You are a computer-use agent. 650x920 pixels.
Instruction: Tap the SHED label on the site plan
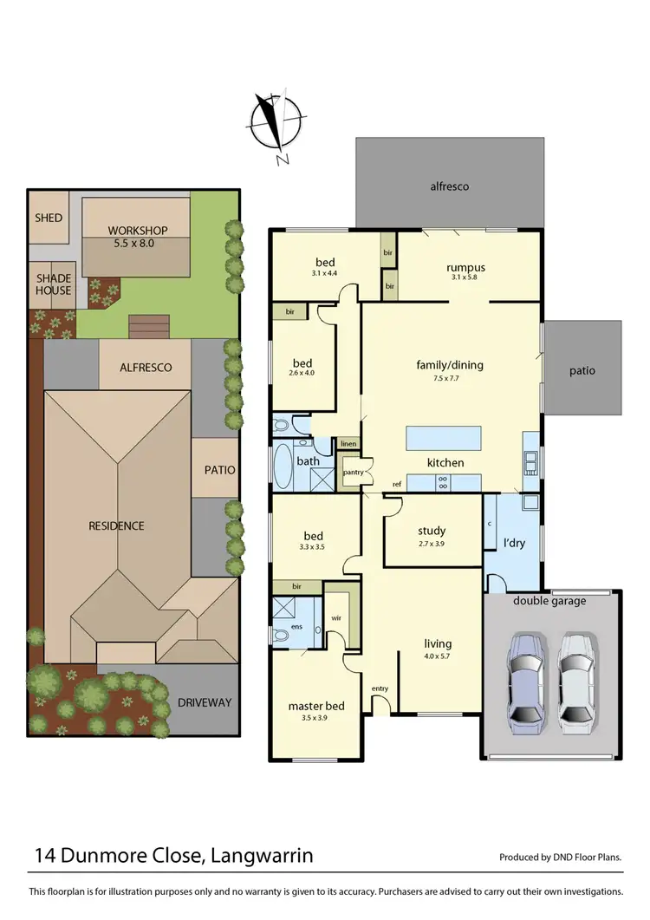[x=49, y=217]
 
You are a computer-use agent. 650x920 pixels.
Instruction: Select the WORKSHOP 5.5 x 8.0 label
[x=138, y=237]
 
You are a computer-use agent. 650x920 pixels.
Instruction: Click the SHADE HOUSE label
[x=53, y=284]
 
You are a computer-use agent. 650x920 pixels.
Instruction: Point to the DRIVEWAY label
[x=205, y=702]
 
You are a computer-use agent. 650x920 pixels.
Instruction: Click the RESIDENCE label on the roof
[x=115, y=525]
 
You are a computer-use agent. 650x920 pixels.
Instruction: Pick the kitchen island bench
[x=444, y=435]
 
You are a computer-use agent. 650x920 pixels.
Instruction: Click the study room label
[x=431, y=531]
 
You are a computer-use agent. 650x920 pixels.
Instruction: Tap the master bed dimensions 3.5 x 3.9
[x=316, y=719]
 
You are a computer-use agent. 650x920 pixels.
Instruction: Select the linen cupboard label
[x=348, y=444]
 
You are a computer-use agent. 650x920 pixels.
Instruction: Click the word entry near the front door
[x=380, y=688]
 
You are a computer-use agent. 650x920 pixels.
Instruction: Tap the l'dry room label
[x=515, y=544]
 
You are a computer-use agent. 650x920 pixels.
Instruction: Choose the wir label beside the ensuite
[x=335, y=619]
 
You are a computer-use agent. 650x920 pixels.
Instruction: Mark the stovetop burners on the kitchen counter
[x=442, y=482]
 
